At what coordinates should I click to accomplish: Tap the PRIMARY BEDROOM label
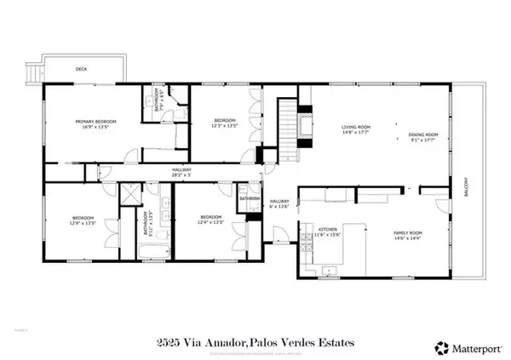[x=95, y=124]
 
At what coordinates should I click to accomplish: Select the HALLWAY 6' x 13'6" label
[x=280, y=203]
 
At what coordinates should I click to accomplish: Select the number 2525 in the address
[x=169, y=343]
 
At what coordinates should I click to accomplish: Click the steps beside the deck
[x=32, y=73]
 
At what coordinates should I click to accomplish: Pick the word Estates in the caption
[x=334, y=343]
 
